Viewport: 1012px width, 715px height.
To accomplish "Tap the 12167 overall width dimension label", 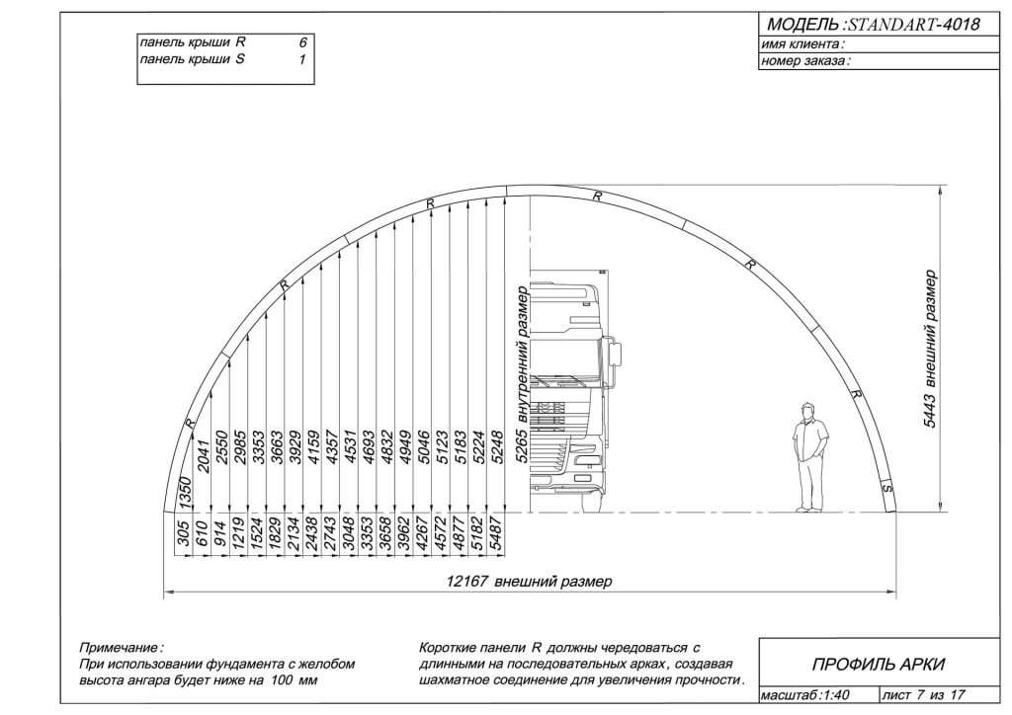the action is click(x=530, y=582).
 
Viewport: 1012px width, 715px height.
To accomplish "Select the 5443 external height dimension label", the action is click(x=930, y=350).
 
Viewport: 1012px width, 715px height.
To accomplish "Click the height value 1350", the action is click(x=185, y=493).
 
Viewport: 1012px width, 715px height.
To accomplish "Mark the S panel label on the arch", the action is click(x=887, y=489).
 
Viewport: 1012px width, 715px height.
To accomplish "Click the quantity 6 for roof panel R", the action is click(x=302, y=43).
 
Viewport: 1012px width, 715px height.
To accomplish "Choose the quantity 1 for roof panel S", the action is click(x=302, y=60).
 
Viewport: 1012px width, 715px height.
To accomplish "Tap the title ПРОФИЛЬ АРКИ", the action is click(x=878, y=664).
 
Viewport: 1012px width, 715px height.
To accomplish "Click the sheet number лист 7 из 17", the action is click(x=924, y=695).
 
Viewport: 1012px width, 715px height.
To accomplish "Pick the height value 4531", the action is click(x=351, y=446).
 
